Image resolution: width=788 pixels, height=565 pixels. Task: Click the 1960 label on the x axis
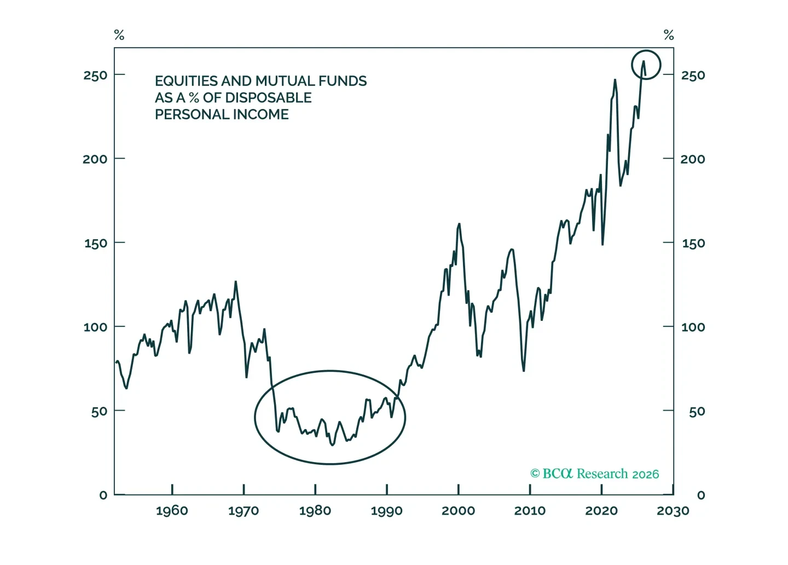pyautogui.click(x=172, y=511)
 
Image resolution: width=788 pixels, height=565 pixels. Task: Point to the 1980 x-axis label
pyautogui.click(x=315, y=511)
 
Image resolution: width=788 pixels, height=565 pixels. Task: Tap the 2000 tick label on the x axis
pyautogui.click(x=459, y=511)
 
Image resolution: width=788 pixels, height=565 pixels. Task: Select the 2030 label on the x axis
pyautogui.click(x=673, y=511)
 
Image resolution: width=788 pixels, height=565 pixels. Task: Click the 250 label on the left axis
pyautogui.click(x=95, y=76)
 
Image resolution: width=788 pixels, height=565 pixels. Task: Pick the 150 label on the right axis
pyautogui.click(x=693, y=243)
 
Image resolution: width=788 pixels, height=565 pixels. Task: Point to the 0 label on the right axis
pyautogui.click(x=701, y=495)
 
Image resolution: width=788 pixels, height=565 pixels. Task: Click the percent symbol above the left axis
pyautogui.click(x=119, y=35)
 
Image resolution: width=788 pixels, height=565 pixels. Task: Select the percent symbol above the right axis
pyautogui.click(x=669, y=35)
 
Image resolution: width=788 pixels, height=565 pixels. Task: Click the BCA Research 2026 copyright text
pyautogui.click(x=594, y=474)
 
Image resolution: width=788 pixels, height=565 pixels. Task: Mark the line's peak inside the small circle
pyautogui.click(x=644, y=61)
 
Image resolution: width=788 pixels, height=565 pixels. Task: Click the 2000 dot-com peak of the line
pyautogui.click(x=459, y=224)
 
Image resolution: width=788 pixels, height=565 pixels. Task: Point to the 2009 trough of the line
pyautogui.click(x=524, y=371)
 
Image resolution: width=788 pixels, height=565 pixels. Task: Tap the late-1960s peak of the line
pyautogui.click(x=236, y=281)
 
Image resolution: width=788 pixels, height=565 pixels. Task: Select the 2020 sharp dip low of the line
pyautogui.click(x=602, y=244)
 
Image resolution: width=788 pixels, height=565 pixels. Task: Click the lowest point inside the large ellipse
pyautogui.click(x=333, y=445)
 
